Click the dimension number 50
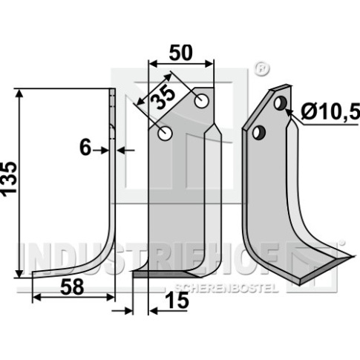click(x=180, y=53)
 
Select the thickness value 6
click(x=85, y=148)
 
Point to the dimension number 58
click(x=72, y=287)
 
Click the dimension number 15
click(x=177, y=301)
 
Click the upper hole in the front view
click(x=202, y=101)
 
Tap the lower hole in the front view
click(x=165, y=126)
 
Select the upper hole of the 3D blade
click(x=281, y=103)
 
